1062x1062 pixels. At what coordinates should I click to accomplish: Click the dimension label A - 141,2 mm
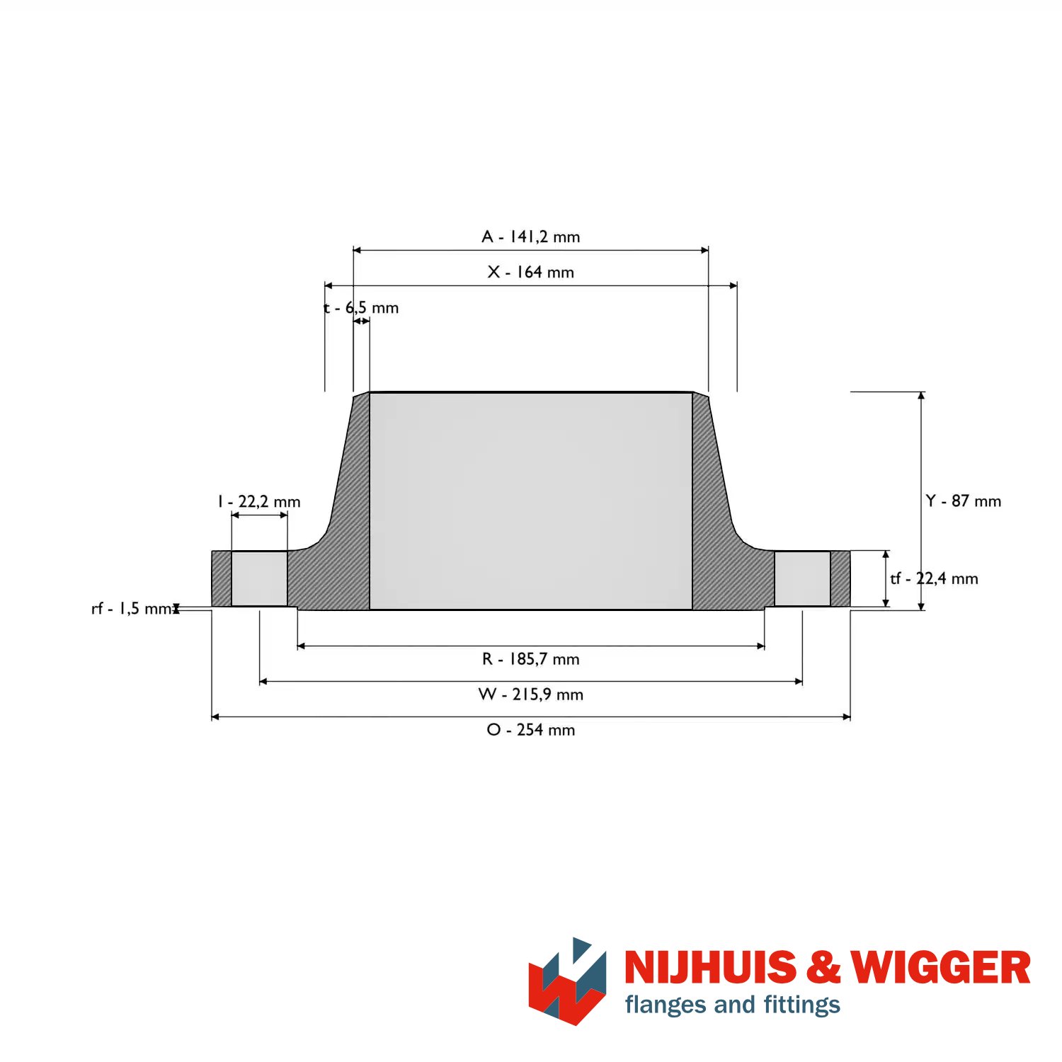pos(531,236)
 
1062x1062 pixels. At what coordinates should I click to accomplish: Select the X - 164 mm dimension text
pos(531,272)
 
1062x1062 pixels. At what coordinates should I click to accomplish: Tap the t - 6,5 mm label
pos(361,307)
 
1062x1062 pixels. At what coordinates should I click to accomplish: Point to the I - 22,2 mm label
pos(259,501)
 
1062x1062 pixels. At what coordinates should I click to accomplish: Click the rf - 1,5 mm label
pos(132,609)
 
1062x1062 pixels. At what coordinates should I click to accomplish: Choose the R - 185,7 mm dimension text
pos(531,659)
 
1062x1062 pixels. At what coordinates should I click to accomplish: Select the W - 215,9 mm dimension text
pos(531,695)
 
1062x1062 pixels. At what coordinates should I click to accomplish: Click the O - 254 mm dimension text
pos(531,730)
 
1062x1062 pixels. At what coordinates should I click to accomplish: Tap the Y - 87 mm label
pos(964,501)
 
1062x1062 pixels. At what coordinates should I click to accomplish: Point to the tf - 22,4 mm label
pos(935,578)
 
